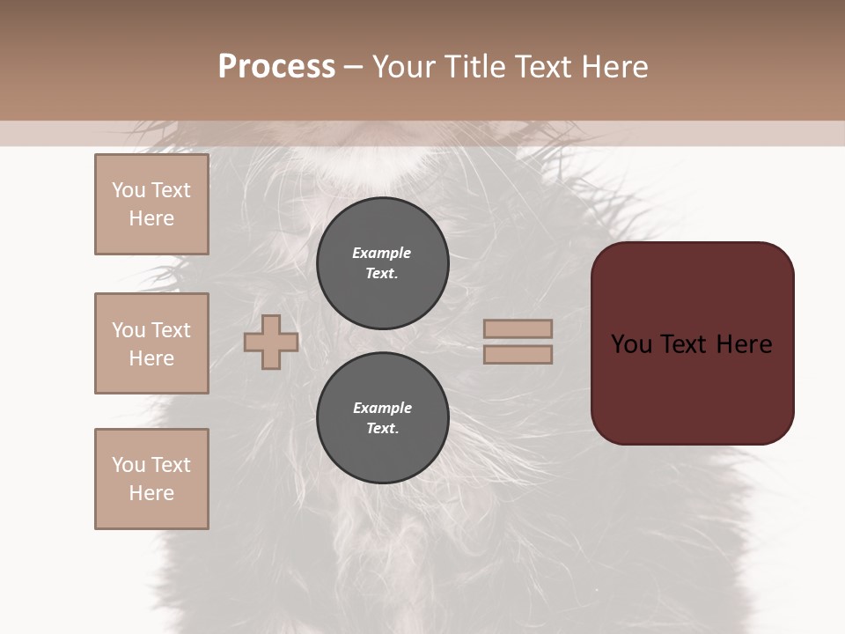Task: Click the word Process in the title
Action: pyautogui.click(x=276, y=67)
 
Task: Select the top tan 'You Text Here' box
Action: pyautogui.click(x=151, y=204)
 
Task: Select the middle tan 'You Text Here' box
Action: pyautogui.click(x=151, y=343)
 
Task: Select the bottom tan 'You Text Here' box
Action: pyautogui.click(x=151, y=479)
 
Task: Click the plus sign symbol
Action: pyautogui.click(x=271, y=342)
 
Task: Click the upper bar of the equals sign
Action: pyautogui.click(x=518, y=328)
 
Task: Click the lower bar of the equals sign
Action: pyautogui.click(x=518, y=354)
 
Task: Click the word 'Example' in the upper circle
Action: pyautogui.click(x=382, y=253)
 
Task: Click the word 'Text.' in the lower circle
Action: pyautogui.click(x=382, y=428)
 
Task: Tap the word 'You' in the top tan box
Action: pyautogui.click(x=128, y=190)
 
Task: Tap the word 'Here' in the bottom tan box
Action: pyautogui.click(x=151, y=493)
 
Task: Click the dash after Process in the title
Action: pyautogui.click(x=353, y=67)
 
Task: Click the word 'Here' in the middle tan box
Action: pyautogui.click(x=151, y=358)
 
